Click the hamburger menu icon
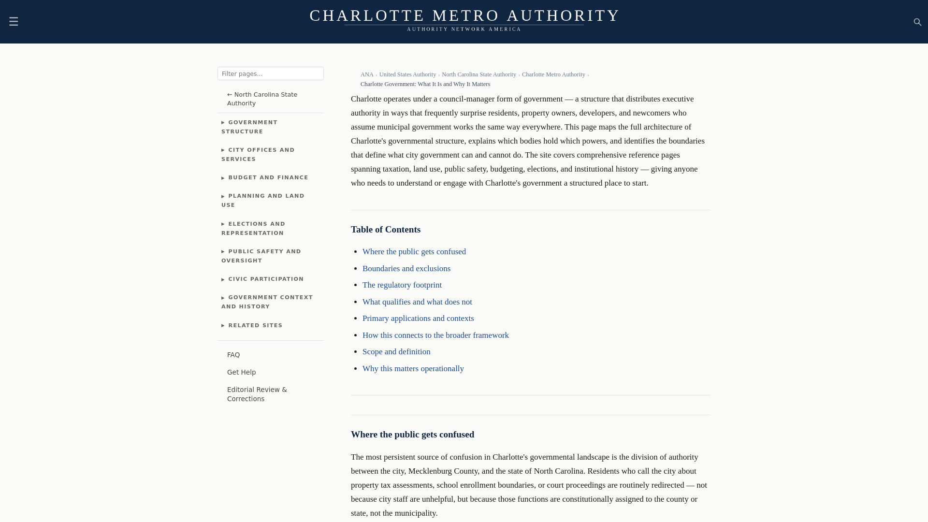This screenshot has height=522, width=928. (14, 22)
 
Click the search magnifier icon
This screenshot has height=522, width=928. (917, 22)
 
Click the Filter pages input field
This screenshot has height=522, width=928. (271, 73)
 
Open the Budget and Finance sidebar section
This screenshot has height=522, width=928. (268, 178)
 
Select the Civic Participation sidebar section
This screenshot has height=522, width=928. (266, 279)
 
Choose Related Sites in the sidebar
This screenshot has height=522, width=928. (255, 326)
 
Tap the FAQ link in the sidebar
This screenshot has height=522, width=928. (233, 355)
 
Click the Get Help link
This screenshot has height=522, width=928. (241, 372)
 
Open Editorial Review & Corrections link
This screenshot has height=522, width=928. (257, 394)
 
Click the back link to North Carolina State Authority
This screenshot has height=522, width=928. (262, 99)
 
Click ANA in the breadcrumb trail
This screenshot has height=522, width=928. (367, 74)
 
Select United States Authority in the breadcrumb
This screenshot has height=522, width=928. (407, 74)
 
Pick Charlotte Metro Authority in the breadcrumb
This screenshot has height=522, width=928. (553, 74)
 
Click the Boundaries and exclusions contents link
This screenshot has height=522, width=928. (406, 269)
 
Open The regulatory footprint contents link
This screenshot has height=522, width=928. (402, 285)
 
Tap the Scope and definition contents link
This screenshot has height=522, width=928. (396, 352)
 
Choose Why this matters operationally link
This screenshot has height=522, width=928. (413, 369)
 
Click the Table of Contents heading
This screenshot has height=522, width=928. (385, 230)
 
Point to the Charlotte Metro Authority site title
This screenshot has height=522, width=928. (464, 15)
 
